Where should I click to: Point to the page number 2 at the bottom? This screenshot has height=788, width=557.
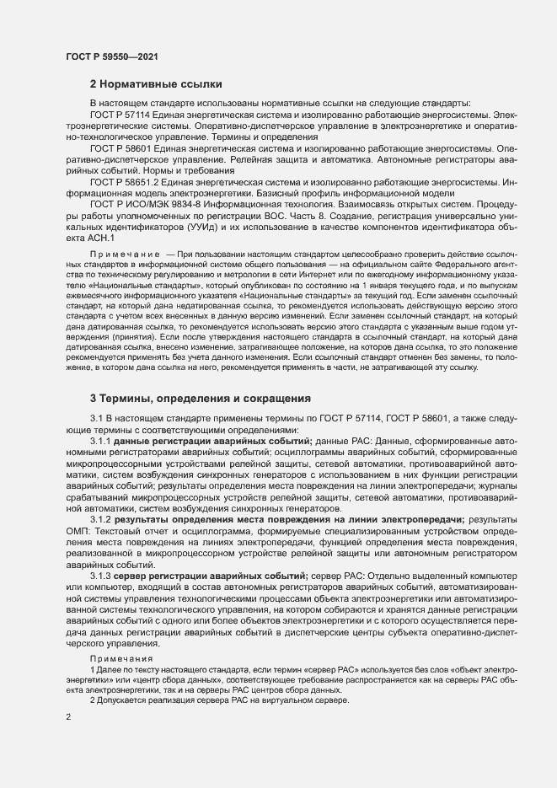click(67, 716)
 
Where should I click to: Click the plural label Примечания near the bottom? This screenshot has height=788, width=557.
click(123, 657)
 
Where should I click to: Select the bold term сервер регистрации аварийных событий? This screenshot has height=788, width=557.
click(211, 575)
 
